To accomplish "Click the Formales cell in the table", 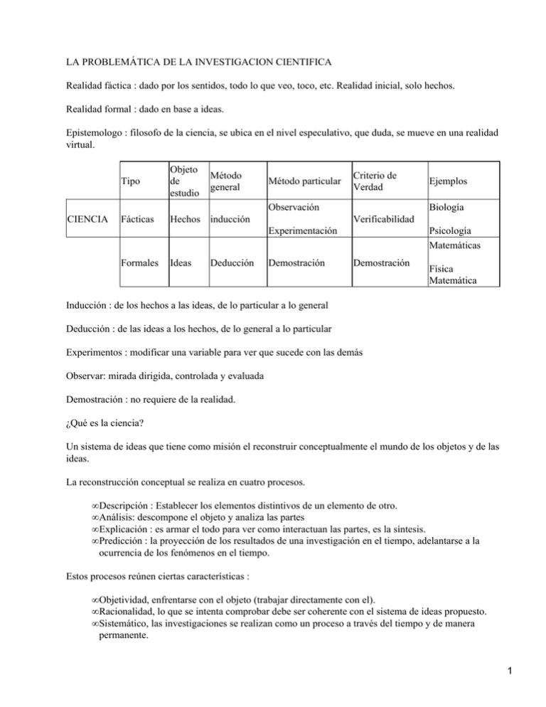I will tap(140, 262).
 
